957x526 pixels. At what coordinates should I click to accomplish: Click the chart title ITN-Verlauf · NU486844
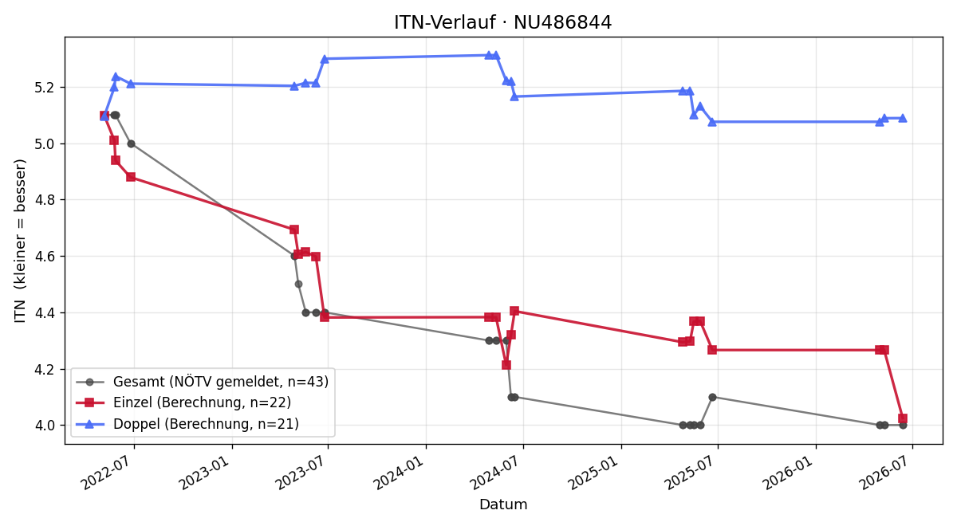click(x=502, y=22)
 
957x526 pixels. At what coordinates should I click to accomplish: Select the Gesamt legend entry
click(x=202, y=382)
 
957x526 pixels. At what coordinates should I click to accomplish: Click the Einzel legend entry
click(x=183, y=402)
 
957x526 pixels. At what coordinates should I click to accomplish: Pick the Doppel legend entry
click(x=187, y=424)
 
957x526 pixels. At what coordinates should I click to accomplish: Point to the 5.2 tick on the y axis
click(x=44, y=88)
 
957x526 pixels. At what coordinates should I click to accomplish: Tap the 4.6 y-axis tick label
click(x=44, y=257)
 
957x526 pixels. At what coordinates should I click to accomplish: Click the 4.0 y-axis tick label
click(x=44, y=426)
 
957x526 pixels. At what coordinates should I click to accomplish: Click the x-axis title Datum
click(x=503, y=504)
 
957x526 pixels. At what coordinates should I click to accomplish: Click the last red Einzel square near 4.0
click(x=903, y=418)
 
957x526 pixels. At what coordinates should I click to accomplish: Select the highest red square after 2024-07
click(x=514, y=311)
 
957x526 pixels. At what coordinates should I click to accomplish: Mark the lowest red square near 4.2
click(x=506, y=365)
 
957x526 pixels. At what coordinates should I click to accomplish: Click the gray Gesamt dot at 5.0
click(x=131, y=144)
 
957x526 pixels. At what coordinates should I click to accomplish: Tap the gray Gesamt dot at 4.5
click(x=298, y=285)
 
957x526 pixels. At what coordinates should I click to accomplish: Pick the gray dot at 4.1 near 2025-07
click(x=712, y=398)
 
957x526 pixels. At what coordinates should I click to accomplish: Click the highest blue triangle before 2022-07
click(x=116, y=77)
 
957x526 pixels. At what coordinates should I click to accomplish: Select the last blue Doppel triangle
click(x=903, y=118)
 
